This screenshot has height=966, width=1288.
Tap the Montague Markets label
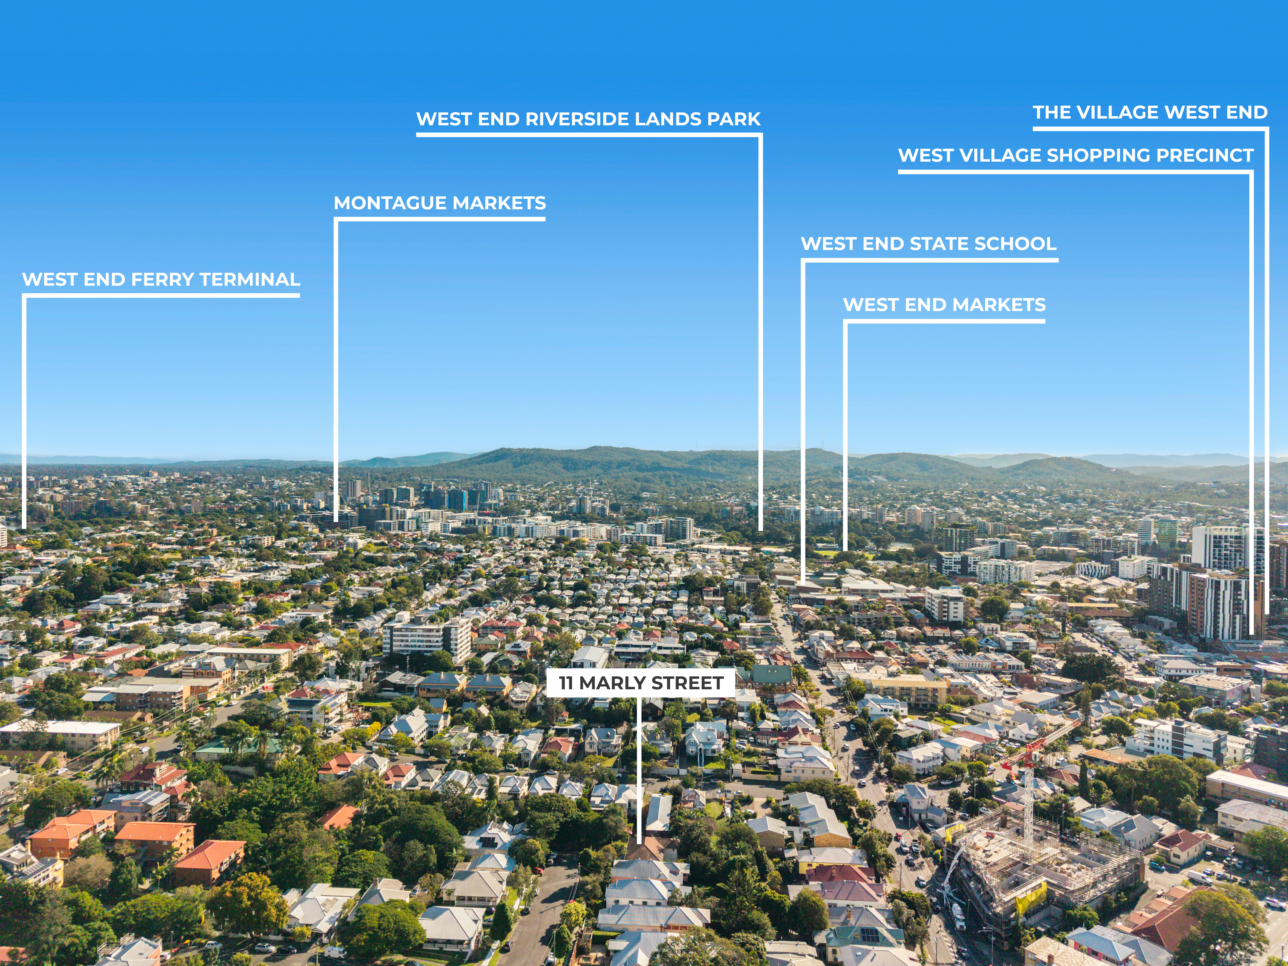440,203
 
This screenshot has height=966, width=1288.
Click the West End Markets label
944,305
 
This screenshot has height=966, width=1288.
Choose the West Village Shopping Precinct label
1075,155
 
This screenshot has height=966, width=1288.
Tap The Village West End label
1150,112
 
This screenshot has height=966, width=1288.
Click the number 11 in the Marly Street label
566,683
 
